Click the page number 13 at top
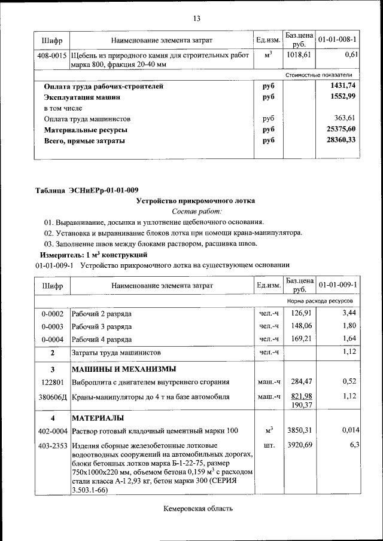pos(196,18)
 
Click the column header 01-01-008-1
pos(338,39)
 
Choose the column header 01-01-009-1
pos(338,285)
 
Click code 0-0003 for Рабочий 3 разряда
pos(53,326)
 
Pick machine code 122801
pos(53,381)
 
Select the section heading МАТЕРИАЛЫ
pos(98,417)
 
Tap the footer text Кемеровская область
pos(197,509)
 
